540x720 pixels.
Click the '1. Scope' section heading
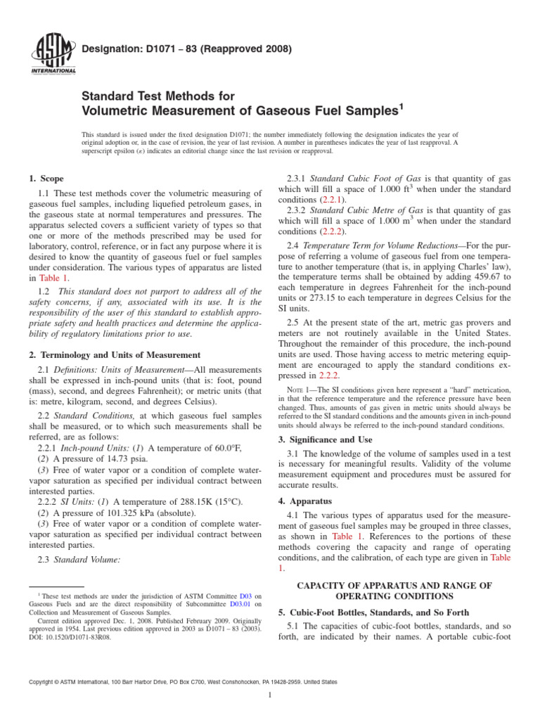click(x=46, y=179)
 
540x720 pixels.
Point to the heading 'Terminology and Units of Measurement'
click(x=122, y=355)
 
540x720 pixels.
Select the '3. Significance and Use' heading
click(x=330, y=439)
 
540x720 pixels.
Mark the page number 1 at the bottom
click(x=270, y=695)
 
